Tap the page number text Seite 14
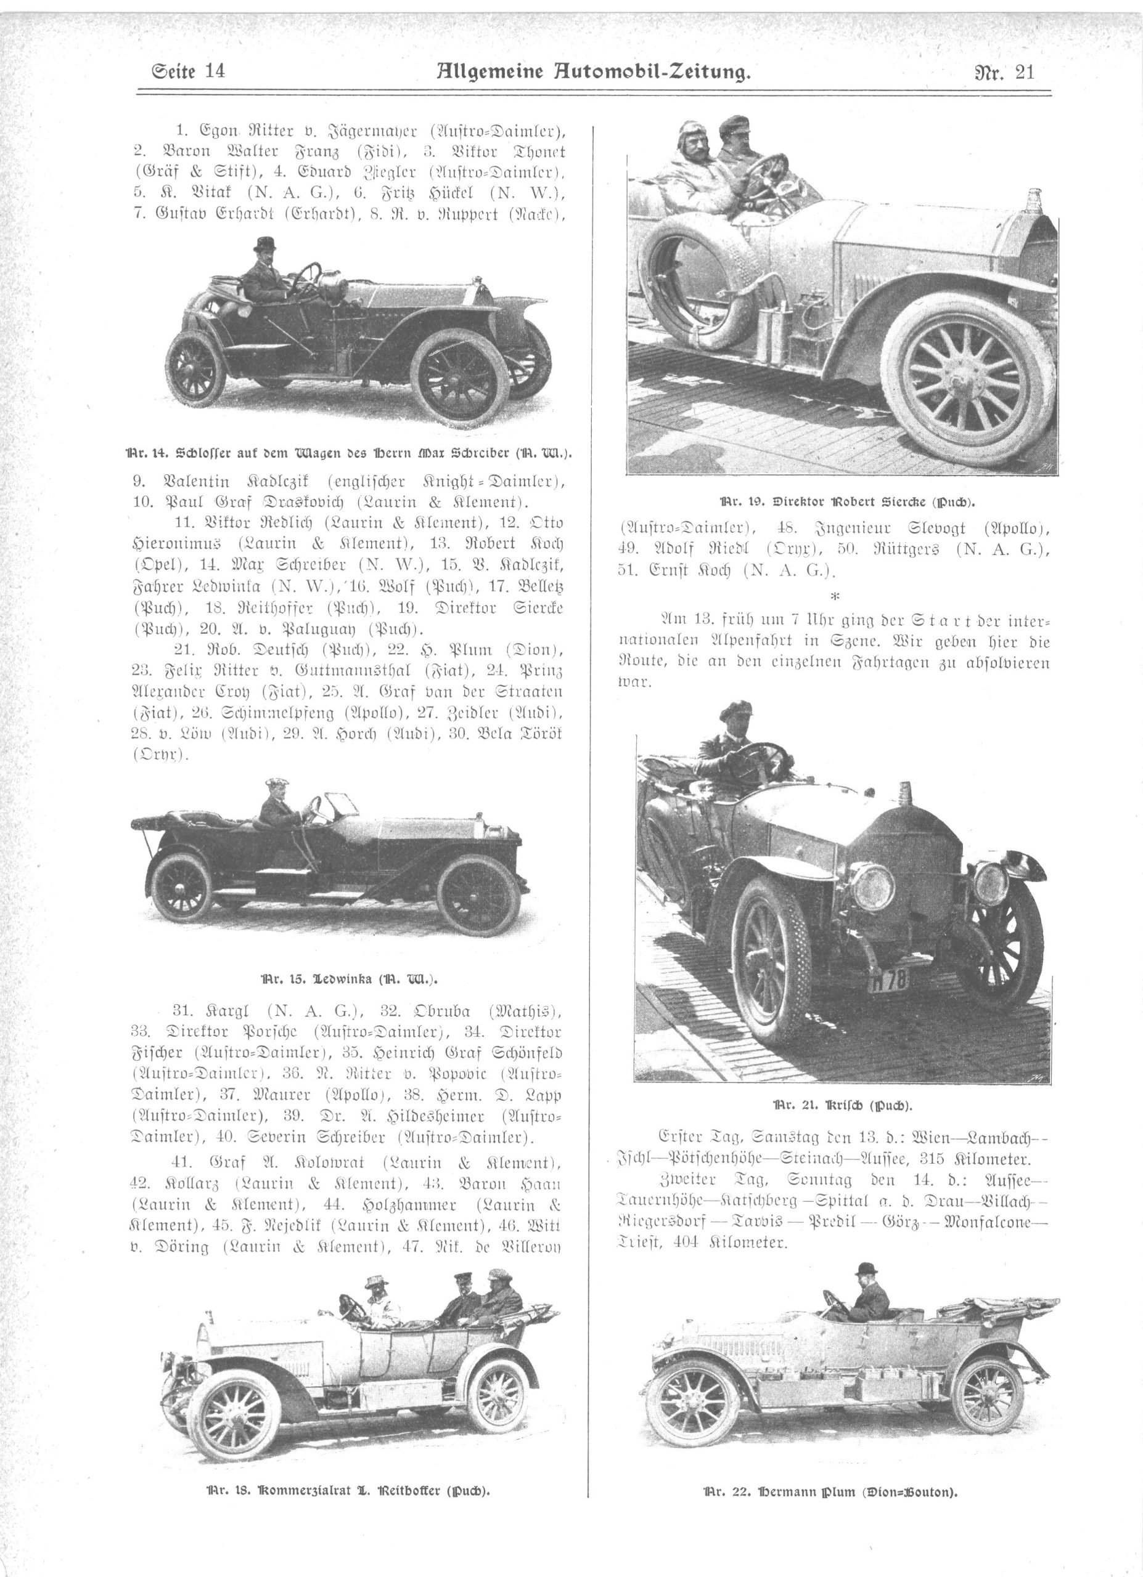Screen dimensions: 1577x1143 [188, 71]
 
